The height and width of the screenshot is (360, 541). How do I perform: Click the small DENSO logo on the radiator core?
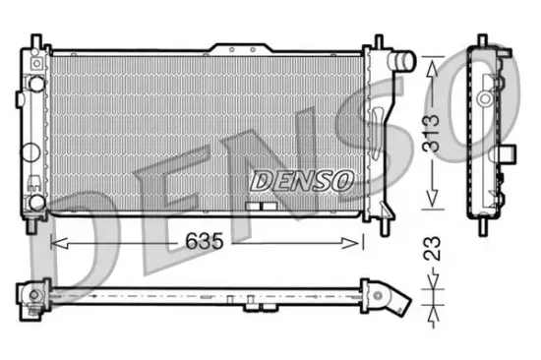[301, 180]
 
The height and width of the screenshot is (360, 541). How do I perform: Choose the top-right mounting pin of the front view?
[375, 43]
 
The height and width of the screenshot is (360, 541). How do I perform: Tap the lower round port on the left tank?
[35, 201]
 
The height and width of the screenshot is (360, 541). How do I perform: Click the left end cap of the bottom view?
[29, 292]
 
